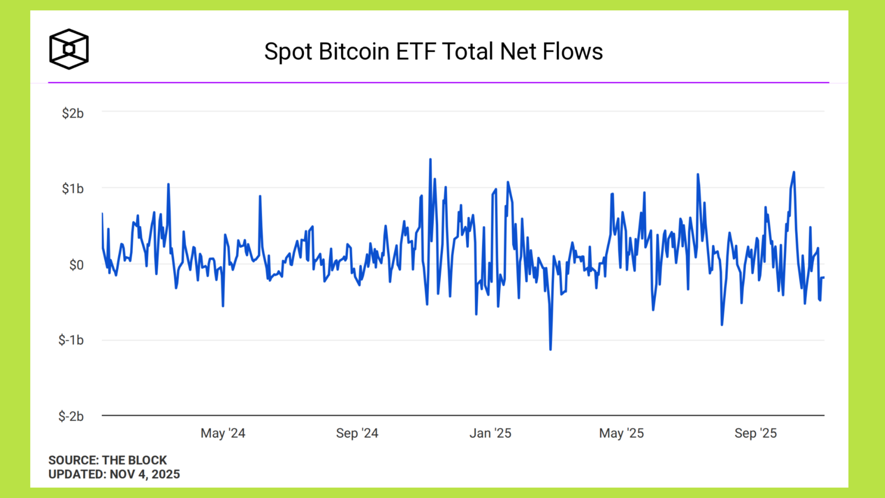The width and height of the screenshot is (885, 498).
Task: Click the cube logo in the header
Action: [x=69, y=49]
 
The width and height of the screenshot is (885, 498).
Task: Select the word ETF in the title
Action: [x=416, y=52]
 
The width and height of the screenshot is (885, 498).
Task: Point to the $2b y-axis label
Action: [x=73, y=113]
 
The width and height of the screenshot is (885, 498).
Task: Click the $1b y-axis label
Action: [x=73, y=189]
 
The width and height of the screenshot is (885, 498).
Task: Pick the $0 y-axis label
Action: [x=76, y=265]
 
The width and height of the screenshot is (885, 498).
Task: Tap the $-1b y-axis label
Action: [x=71, y=340]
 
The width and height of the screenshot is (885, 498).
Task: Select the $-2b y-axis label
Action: [x=71, y=416]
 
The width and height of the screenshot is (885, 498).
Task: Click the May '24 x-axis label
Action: [x=223, y=433]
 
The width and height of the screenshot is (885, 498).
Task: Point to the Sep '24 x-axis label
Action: [x=357, y=433]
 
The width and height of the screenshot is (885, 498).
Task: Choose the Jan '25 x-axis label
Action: [x=490, y=433]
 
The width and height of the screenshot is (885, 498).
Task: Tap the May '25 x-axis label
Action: [x=621, y=433]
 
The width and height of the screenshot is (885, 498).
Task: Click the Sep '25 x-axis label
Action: [x=755, y=433]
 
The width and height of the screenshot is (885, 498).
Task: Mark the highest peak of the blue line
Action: [x=430, y=159]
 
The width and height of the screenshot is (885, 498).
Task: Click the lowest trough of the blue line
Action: [x=550, y=350]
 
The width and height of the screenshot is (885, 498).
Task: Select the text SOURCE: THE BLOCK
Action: [x=107, y=460]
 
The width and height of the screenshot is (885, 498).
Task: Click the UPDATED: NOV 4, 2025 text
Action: [x=114, y=474]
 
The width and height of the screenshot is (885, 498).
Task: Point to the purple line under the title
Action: [x=438, y=83]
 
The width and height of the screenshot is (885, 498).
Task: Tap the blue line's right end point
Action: [x=824, y=277]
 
